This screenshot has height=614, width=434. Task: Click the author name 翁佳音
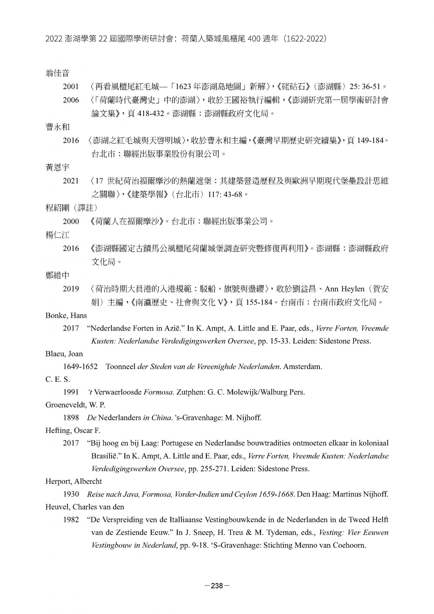point(58,73)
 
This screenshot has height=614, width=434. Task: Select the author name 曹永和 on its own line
point(58,127)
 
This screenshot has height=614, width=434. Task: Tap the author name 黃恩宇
point(58,167)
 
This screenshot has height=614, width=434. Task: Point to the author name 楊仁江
point(58,235)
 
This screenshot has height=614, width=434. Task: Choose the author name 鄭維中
point(58,275)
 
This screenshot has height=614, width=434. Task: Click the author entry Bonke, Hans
point(66,315)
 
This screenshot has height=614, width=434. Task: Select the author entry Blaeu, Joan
point(64,354)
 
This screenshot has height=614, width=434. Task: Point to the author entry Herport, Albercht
point(74,481)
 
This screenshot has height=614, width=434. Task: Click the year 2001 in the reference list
point(71,87)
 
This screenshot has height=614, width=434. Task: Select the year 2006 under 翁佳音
point(71,100)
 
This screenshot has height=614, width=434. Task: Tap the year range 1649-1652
point(80,367)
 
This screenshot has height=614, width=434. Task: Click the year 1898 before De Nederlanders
point(71,417)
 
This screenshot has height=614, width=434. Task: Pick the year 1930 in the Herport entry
point(71,494)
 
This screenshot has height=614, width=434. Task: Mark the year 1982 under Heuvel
point(71,519)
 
